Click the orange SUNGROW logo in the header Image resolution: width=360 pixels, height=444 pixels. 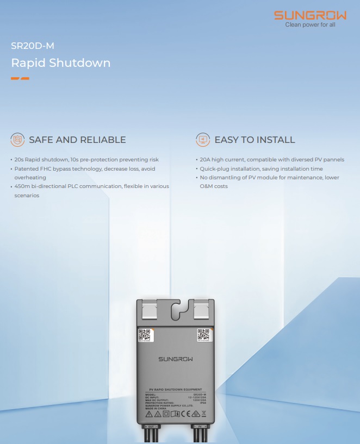[309, 15]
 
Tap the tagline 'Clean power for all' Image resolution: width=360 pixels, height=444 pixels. [311, 24]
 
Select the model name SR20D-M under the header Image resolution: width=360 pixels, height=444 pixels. [33, 46]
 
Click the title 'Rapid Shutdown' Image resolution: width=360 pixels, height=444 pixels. [61, 63]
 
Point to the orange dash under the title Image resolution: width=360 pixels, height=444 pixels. [20, 78]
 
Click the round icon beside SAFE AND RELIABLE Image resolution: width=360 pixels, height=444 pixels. [18, 140]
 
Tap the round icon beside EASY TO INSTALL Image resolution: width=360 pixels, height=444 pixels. [203, 140]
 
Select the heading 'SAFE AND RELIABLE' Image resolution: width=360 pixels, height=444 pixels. [77, 140]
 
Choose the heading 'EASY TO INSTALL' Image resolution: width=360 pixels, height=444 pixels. [255, 140]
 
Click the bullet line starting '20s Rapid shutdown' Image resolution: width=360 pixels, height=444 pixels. [86, 160]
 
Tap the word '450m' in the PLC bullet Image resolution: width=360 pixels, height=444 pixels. [22, 186]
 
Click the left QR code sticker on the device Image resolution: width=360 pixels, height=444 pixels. [144, 335]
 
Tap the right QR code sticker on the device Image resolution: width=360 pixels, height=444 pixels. [204, 335]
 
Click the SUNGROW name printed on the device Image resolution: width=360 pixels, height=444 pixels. [175, 359]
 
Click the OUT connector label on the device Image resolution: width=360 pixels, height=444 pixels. [153, 427]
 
